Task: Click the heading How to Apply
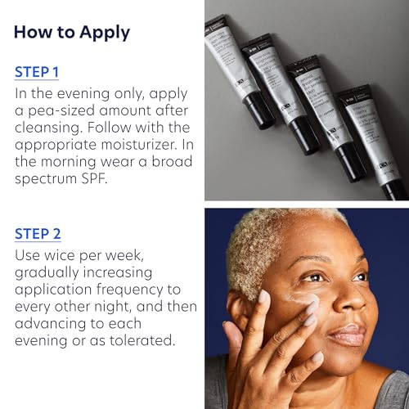pyautogui.click(x=71, y=33)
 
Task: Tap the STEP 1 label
pyautogui.click(x=38, y=72)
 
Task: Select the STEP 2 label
pyautogui.click(x=38, y=234)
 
